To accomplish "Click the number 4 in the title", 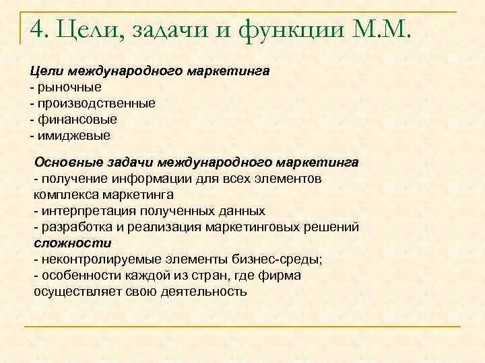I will [x=38, y=30].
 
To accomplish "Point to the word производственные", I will [x=96, y=103].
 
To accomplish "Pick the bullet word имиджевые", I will [x=74, y=135].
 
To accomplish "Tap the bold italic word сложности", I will [x=73, y=243].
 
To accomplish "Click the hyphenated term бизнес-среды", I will [x=280, y=259].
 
